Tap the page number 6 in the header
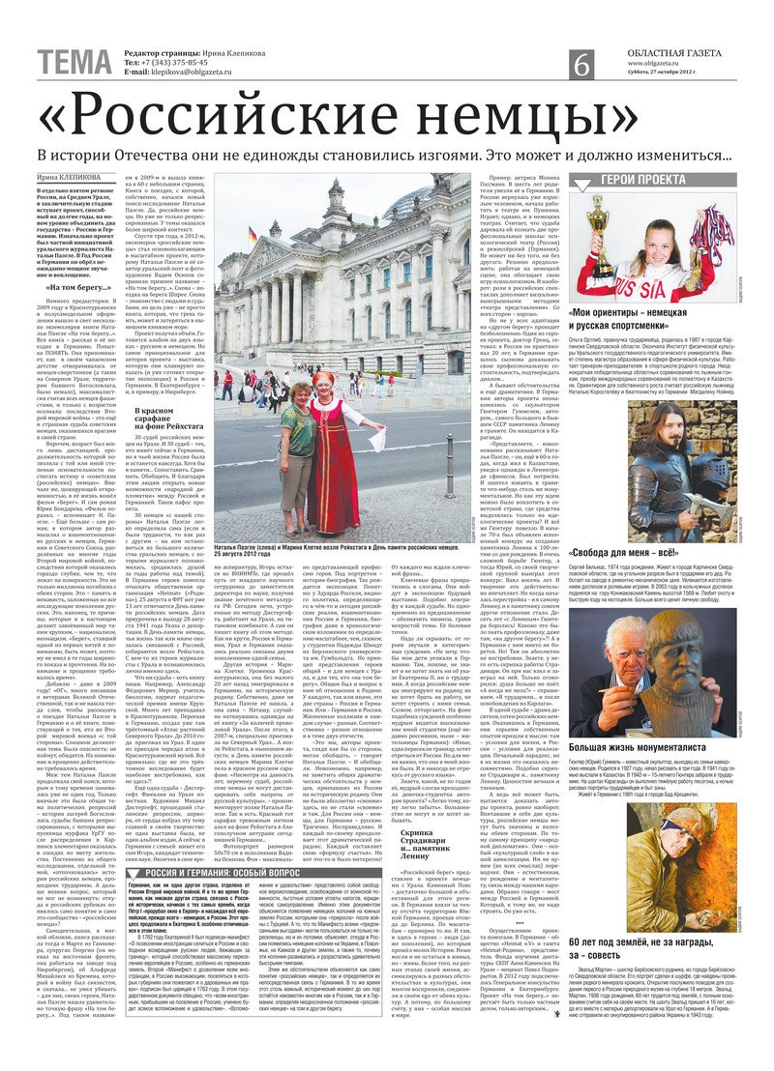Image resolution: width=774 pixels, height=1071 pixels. (x=581, y=64)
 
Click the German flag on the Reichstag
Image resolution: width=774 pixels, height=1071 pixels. (x=253, y=236)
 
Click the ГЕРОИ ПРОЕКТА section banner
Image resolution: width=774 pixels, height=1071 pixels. (x=669, y=181)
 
